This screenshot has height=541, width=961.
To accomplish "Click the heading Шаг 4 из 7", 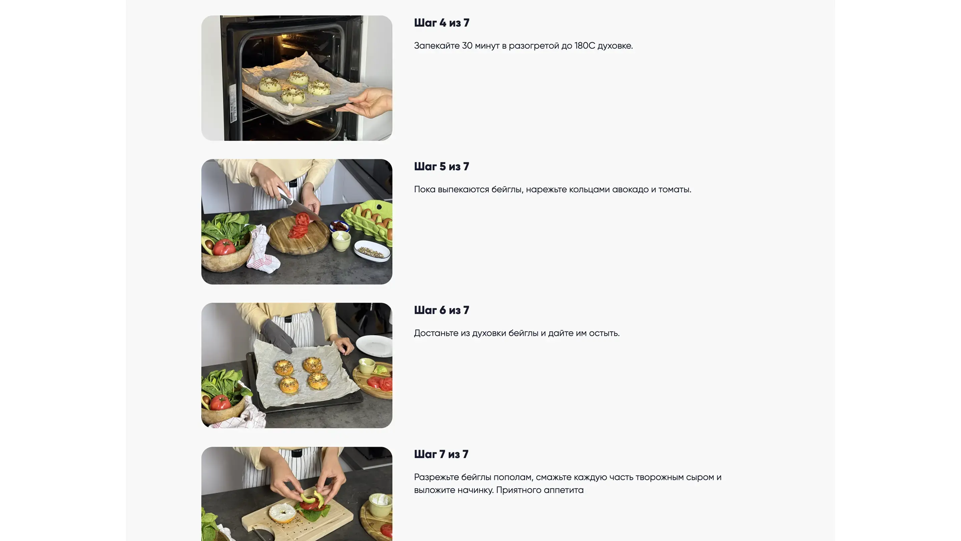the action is click(441, 23).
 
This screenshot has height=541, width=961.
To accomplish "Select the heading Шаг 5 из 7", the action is click(441, 167).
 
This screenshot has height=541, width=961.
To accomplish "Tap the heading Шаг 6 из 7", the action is click(441, 310).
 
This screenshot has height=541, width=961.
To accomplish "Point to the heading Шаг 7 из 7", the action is click(441, 454).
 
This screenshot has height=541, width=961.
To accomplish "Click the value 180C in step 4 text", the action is click(585, 45).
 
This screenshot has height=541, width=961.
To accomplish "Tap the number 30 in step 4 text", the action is click(467, 45).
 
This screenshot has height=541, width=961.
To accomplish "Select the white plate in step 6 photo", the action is click(374, 346).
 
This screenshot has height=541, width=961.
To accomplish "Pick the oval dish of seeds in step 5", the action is click(372, 251).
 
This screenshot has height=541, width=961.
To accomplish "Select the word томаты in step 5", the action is click(674, 189).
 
